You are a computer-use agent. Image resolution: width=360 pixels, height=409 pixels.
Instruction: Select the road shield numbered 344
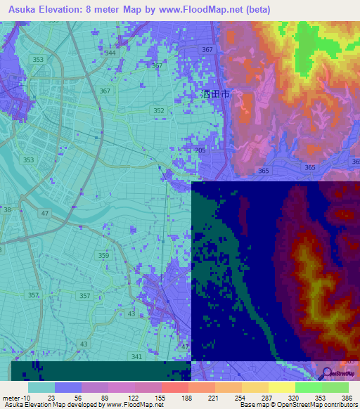click(110, 53)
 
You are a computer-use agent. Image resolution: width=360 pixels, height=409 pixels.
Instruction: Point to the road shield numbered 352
click(159, 110)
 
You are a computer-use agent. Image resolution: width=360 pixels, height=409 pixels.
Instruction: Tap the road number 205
click(201, 150)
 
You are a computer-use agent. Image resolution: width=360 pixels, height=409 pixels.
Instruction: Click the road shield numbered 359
click(104, 256)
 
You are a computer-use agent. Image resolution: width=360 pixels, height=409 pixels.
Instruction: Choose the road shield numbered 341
click(136, 357)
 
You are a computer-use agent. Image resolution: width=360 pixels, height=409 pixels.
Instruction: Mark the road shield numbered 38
click(7, 209)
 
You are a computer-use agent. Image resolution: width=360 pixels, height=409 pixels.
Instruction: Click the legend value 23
click(51, 397)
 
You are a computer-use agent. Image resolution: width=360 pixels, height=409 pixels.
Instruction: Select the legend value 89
click(105, 397)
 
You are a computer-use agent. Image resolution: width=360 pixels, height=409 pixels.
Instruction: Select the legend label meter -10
click(15, 397)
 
